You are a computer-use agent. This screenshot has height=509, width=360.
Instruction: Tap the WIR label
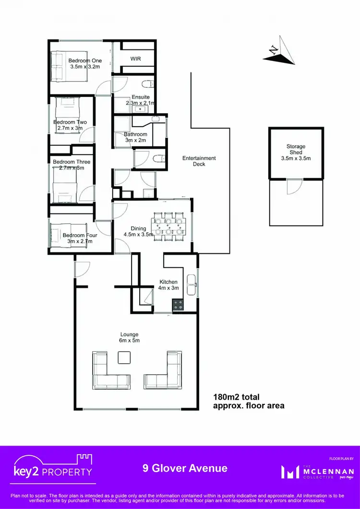coord(136,58)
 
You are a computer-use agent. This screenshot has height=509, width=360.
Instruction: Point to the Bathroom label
coord(135,135)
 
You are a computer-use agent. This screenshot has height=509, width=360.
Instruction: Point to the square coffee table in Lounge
coord(124,357)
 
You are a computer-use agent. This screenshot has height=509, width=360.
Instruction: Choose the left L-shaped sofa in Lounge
coord(109,371)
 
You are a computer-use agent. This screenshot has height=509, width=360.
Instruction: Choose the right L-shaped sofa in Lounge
coord(165,371)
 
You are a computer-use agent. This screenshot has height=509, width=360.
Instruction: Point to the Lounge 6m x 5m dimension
coord(130,337)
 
